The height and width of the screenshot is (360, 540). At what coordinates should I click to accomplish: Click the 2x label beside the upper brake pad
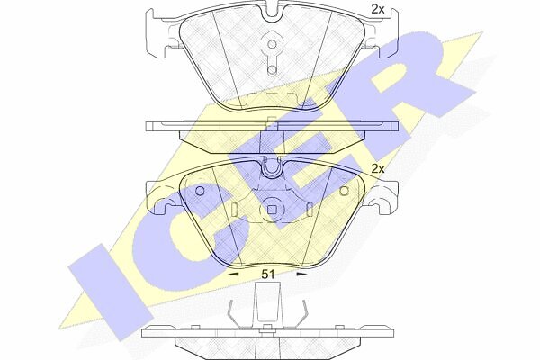(x=377, y=9)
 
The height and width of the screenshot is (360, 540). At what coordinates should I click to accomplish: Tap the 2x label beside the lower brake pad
(x=377, y=169)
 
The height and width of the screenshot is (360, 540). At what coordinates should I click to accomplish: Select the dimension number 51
(x=267, y=274)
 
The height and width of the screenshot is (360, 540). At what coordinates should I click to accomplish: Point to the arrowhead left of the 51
(x=234, y=274)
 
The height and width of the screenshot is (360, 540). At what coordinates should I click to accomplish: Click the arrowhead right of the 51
(x=302, y=274)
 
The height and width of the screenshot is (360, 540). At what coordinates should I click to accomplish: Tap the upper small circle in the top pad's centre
(x=272, y=44)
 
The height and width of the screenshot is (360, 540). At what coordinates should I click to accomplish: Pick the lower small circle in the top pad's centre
(x=272, y=69)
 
